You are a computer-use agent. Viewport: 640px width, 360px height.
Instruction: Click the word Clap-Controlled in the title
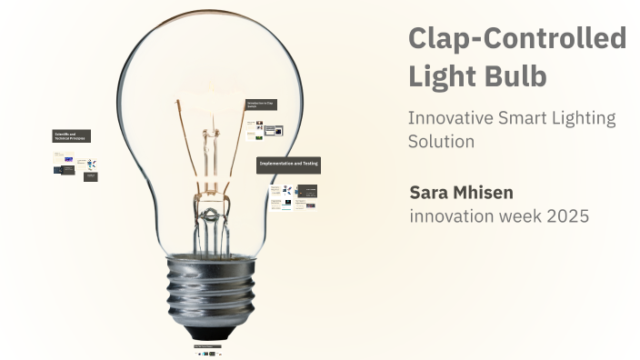point(517,38)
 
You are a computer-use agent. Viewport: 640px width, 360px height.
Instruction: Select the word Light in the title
point(443,76)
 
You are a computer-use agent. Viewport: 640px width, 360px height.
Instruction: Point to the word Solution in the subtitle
point(441,142)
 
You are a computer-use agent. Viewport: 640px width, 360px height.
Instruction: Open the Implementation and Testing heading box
point(288,164)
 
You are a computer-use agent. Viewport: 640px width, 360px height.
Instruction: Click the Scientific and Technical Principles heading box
point(71,136)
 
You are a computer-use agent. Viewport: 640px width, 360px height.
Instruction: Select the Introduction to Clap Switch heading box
point(261,105)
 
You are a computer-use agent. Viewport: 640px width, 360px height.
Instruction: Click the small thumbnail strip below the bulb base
point(208,350)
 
